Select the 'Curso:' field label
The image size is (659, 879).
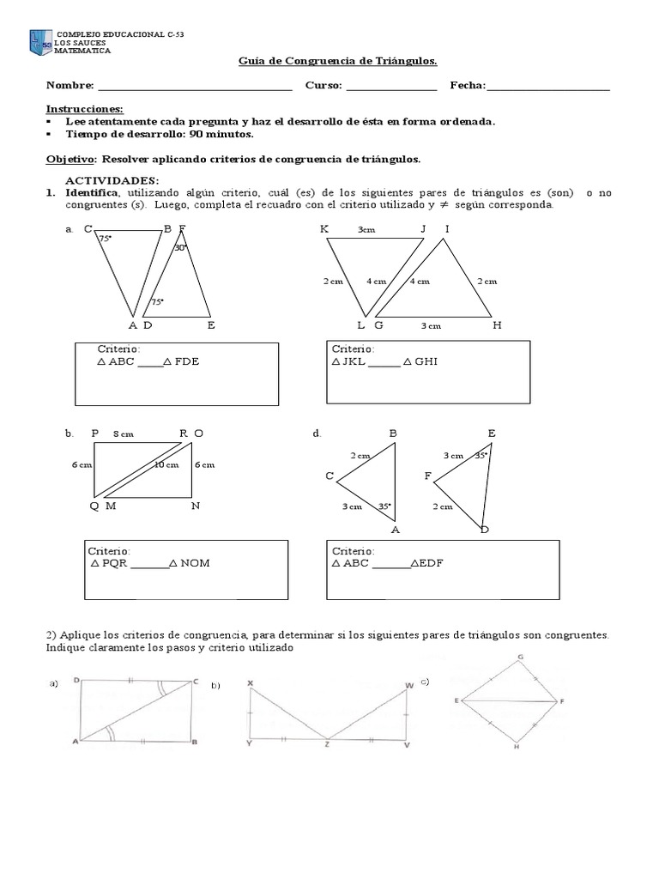[323, 85]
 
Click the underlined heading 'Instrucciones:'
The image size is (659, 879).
[84, 109]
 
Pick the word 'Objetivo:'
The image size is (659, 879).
[71, 159]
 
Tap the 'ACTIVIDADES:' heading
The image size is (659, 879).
[112, 180]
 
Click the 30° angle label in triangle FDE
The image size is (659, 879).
[179, 247]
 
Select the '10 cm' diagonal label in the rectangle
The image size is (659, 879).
[166, 465]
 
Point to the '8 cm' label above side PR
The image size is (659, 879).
[124, 434]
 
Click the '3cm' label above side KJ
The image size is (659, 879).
[367, 229]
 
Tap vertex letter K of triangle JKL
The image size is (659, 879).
[324, 228]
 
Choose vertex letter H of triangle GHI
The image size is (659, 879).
[497, 325]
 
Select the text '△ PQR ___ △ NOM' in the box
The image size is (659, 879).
[149, 563]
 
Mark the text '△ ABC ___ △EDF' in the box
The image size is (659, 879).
[387, 563]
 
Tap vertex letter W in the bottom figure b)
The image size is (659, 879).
[408, 684]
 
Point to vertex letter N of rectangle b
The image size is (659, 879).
[196, 506]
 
